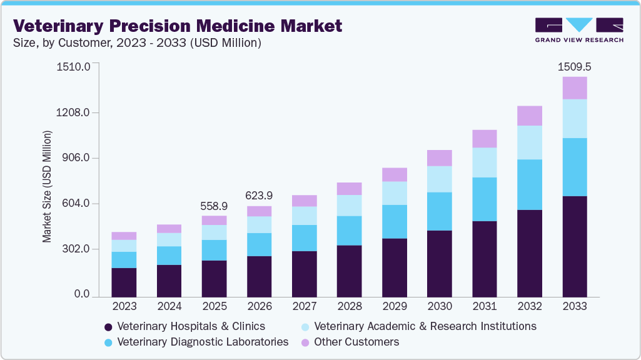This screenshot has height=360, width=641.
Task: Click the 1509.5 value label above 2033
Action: pyautogui.click(x=574, y=66)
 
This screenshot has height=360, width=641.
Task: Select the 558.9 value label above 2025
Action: pyautogui.click(x=214, y=206)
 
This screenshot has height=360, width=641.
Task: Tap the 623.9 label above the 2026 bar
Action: pyautogui.click(x=259, y=196)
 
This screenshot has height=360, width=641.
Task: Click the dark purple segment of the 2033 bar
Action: pyautogui.click(x=574, y=246)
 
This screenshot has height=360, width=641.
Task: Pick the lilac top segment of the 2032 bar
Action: pyautogui.click(x=529, y=116)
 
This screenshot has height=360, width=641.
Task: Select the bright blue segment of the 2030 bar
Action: pyautogui.click(x=439, y=211)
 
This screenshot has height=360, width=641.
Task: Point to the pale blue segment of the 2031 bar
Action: pyautogui.click(x=484, y=162)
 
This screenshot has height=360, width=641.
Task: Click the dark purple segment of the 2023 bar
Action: pyautogui.click(x=124, y=282)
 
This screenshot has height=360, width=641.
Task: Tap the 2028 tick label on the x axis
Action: pyautogui.click(x=349, y=307)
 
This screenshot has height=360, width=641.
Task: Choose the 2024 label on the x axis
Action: pyautogui.click(x=169, y=307)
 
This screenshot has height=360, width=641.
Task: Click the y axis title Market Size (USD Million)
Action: pyautogui.click(x=48, y=186)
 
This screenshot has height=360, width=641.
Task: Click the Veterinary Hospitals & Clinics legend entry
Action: pyautogui.click(x=191, y=326)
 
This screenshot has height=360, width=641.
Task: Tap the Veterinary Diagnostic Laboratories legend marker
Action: pyautogui.click(x=108, y=342)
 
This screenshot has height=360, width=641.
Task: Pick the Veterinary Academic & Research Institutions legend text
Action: pyautogui.click(x=425, y=326)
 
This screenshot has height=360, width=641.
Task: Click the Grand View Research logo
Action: pyautogui.click(x=578, y=29)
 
